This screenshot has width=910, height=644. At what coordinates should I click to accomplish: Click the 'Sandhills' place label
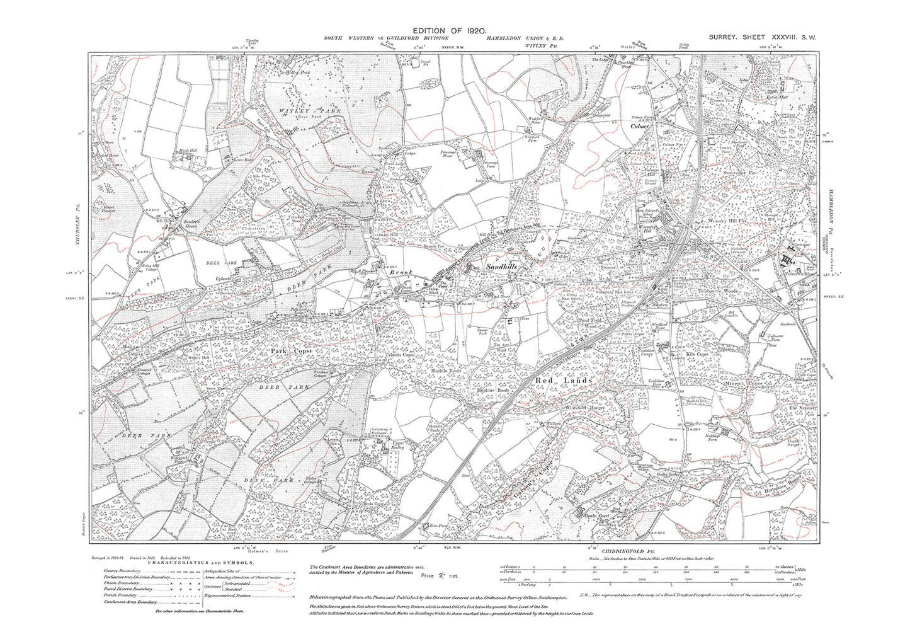coord(502,267)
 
